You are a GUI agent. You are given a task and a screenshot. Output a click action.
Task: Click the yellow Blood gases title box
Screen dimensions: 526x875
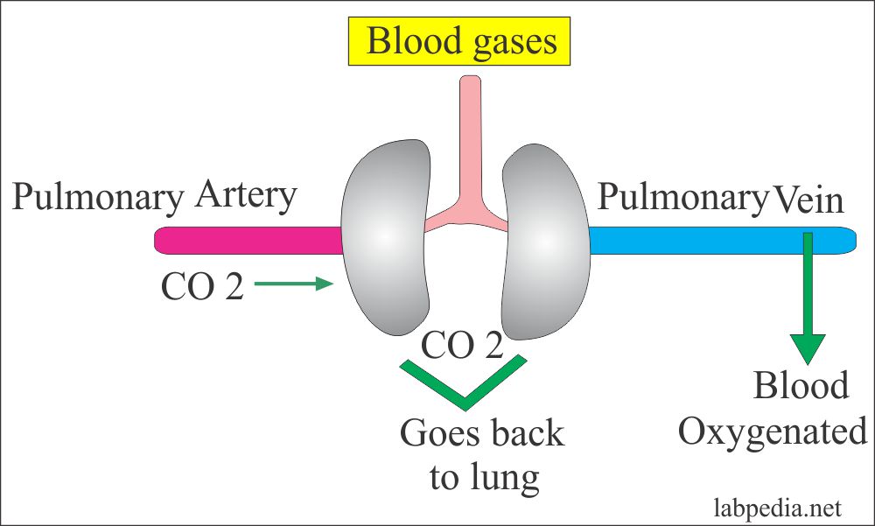coord(462,42)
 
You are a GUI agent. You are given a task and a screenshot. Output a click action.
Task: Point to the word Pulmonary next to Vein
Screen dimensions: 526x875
coord(681,199)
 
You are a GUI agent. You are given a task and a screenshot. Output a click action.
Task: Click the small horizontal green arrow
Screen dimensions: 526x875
coord(293,283)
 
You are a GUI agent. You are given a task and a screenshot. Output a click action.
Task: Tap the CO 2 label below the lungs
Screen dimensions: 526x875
coord(462,347)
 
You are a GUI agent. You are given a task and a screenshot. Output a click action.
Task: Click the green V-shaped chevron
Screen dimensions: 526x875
coord(463,385)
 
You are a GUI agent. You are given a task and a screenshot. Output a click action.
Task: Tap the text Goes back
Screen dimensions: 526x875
coord(482,434)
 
